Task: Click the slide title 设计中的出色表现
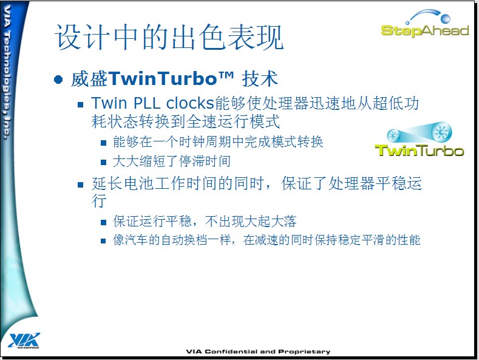pos(169,37)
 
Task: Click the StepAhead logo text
pos(424,30)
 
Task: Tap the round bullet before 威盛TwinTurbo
pos(58,80)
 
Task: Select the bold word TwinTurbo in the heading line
pos(162,78)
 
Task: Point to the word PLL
pos(147,103)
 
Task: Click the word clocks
pos(189,103)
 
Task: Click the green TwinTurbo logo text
pos(419,151)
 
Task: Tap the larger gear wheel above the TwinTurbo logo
pos(441,132)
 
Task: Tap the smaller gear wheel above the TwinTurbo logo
pos(393,135)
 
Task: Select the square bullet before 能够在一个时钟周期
pos(104,143)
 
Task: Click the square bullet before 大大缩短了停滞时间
pos(104,162)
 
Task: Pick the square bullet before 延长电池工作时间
pos(81,185)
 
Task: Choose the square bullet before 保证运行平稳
pos(104,222)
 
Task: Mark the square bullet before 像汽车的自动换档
pos(104,241)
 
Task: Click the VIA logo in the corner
pos(24,340)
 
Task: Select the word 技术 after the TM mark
pos(260,79)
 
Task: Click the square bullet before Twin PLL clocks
pos(81,105)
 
